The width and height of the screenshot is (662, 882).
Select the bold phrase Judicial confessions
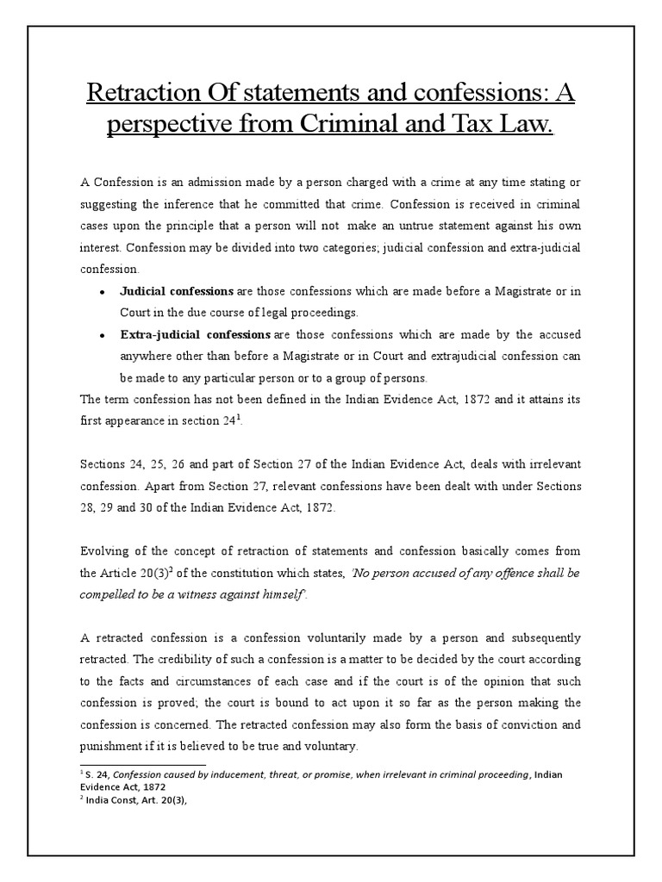pyautogui.click(x=177, y=291)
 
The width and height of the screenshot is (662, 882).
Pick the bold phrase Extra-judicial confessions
pyautogui.click(x=195, y=333)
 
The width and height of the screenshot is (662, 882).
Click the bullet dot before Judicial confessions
pyautogui.click(x=102, y=293)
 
